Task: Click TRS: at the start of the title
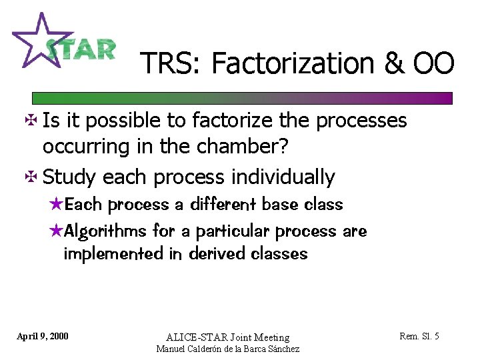click(172, 64)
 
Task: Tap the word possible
click(117, 121)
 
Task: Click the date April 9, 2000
click(42, 335)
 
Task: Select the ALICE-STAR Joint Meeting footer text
click(227, 337)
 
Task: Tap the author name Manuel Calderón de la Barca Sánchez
click(227, 349)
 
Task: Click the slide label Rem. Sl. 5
click(419, 336)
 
